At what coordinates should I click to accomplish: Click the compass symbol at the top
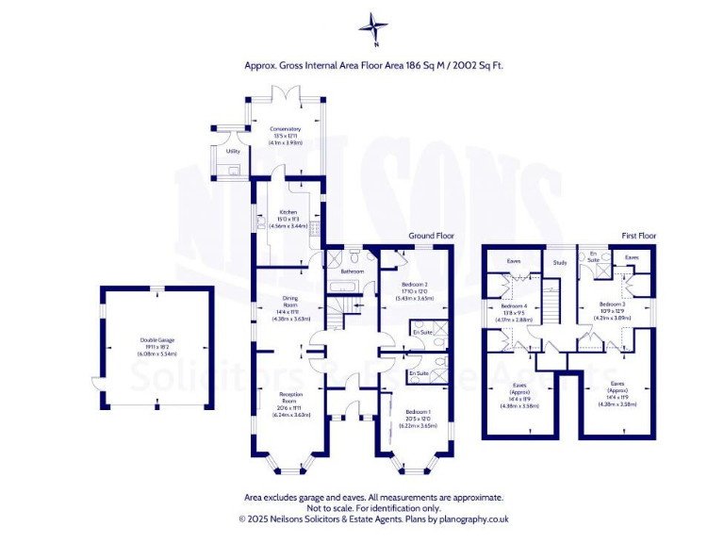click(x=375, y=27)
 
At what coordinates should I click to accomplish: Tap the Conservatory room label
click(x=285, y=129)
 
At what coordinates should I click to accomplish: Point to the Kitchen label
click(x=288, y=213)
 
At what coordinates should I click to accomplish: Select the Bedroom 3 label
click(x=614, y=304)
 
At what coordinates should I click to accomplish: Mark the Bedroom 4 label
click(x=514, y=306)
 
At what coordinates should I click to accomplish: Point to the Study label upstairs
click(x=560, y=263)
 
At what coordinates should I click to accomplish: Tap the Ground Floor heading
click(x=431, y=235)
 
